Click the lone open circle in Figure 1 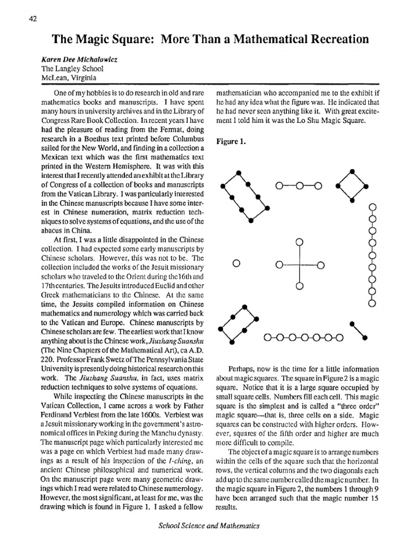236,263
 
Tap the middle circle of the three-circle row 299,186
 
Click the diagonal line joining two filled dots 359,329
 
